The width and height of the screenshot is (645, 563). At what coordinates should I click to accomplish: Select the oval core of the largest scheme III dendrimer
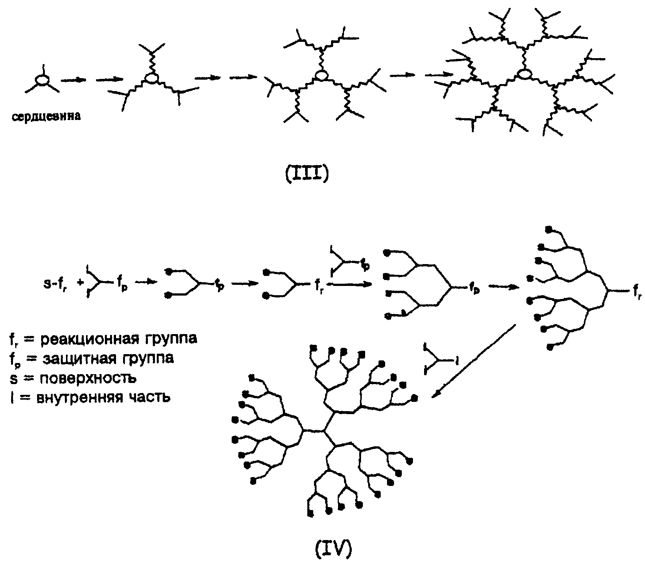[x=524, y=74]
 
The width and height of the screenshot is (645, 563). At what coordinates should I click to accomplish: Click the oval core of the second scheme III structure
[x=151, y=78]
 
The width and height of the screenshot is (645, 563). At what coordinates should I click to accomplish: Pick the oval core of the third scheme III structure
[x=321, y=76]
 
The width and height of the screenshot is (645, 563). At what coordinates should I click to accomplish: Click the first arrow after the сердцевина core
[x=73, y=80]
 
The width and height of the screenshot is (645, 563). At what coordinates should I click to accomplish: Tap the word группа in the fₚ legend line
[x=150, y=358]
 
